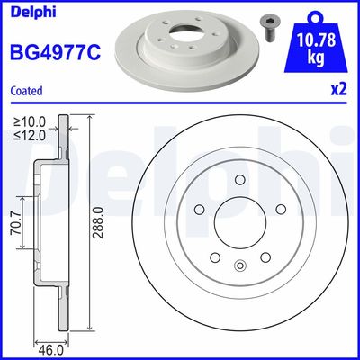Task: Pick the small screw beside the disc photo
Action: (x=269, y=25)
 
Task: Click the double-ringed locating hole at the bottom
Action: (x=239, y=265)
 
